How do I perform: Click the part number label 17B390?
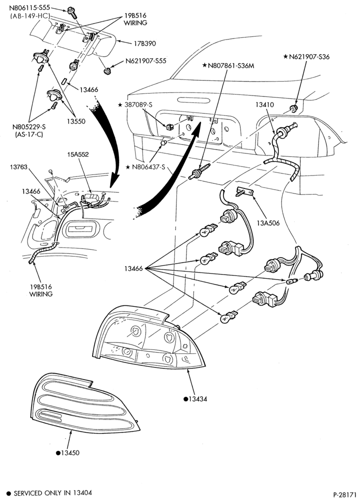point(145,43)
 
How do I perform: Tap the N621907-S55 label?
point(145,61)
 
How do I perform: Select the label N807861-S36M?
point(228,65)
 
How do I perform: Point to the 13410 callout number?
point(264,104)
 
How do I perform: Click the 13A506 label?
point(268,223)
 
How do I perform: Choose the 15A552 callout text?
point(78,154)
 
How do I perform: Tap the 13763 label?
point(18,167)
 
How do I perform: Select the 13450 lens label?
point(67,453)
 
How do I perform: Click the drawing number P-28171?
point(344,494)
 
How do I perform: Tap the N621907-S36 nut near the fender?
point(293,108)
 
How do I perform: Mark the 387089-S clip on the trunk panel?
point(170,127)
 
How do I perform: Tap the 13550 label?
point(76,121)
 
